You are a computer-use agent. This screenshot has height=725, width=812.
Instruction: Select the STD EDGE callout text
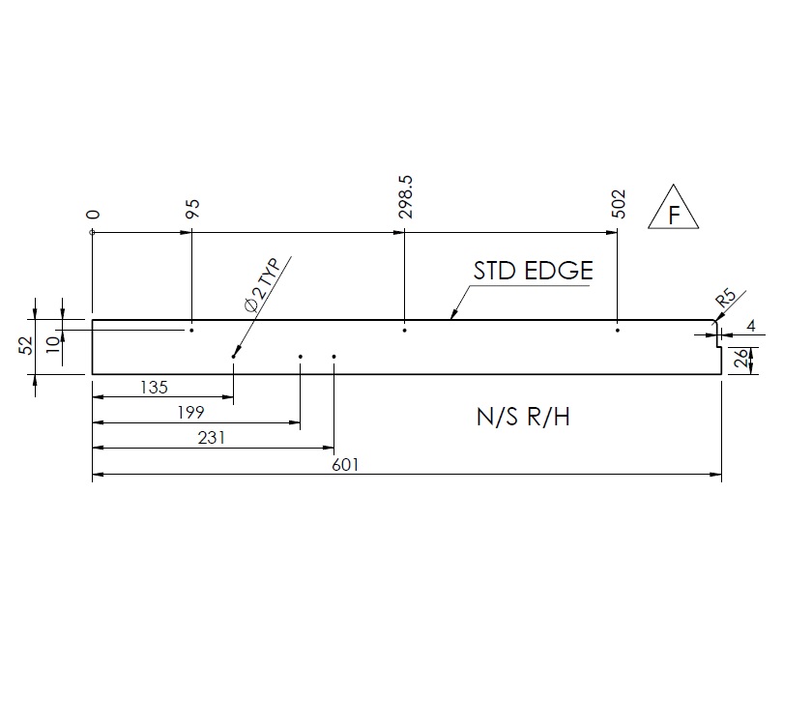(x=532, y=271)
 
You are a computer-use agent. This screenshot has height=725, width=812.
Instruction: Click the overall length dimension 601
(x=345, y=465)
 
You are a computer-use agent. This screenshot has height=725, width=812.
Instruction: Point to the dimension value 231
(x=211, y=438)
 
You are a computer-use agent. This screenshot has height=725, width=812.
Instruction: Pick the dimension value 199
(x=192, y=413)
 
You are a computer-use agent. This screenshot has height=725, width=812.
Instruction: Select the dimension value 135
(x=154, y=388)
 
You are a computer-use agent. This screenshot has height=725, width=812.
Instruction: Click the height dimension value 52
(x=26, y=345)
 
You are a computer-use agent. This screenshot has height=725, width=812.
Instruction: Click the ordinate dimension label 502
(x=619, y=204)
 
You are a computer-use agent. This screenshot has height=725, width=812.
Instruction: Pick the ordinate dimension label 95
(x=192, y=210)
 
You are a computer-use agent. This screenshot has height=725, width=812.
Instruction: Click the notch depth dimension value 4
(x=751, y=327)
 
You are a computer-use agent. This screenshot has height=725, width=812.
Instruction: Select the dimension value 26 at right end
(x=739, y=361)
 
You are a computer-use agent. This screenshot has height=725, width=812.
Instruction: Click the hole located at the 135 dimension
(x=234, y=356)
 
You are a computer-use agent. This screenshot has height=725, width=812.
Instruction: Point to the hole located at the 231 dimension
(x=333, y=356)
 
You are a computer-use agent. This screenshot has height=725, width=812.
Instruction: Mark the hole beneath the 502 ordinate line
(x=617, y=331)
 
